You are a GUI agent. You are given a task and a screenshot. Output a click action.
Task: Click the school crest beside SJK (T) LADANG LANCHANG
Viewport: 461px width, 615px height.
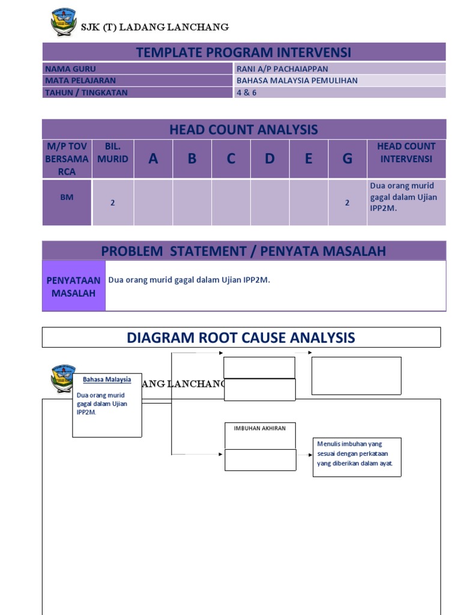point(64,23)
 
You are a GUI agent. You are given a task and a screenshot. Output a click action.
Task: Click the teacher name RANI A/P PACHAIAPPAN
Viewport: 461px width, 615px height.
point(282,69)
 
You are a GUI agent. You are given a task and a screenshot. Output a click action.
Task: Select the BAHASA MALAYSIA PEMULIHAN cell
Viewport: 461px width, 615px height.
point(297,80)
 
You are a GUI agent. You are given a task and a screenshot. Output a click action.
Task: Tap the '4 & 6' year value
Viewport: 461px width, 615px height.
point(246,92)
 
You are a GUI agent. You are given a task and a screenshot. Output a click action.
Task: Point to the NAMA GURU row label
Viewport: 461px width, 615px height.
point(70,69)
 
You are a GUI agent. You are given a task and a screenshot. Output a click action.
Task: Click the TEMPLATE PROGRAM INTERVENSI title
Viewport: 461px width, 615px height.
point(244,52)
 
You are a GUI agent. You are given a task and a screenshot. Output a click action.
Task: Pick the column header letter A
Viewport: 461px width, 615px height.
point(153,159)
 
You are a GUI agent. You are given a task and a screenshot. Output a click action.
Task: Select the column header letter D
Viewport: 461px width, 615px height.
point(270,159)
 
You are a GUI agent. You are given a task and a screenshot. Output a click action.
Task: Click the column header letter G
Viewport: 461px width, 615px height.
point(347,159)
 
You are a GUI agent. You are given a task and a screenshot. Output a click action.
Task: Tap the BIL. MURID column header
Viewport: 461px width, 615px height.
point(112,152)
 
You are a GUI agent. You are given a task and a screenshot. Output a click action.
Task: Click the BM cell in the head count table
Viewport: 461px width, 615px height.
point(67,197)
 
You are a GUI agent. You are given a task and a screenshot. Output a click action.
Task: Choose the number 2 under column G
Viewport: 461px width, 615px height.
point(347,203)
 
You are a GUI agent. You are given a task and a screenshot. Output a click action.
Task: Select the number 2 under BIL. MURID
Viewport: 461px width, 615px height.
point(112,203)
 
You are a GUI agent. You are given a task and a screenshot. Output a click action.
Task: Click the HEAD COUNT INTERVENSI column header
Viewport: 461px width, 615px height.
point(406,152)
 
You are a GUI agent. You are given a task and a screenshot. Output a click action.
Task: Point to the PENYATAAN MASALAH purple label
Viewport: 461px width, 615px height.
point(73,286)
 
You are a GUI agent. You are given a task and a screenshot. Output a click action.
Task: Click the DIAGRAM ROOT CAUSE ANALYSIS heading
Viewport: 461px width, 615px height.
point(241,338)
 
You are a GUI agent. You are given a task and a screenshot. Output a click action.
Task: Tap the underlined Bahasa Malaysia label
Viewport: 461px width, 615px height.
point(106,380)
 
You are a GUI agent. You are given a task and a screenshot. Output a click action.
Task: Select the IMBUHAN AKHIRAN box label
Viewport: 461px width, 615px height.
point(260,428)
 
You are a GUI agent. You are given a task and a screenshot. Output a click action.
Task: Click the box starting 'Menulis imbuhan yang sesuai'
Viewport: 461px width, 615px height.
point(357,457)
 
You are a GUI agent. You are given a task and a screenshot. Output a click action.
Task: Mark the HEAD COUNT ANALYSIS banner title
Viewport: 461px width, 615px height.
point(244,129)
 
